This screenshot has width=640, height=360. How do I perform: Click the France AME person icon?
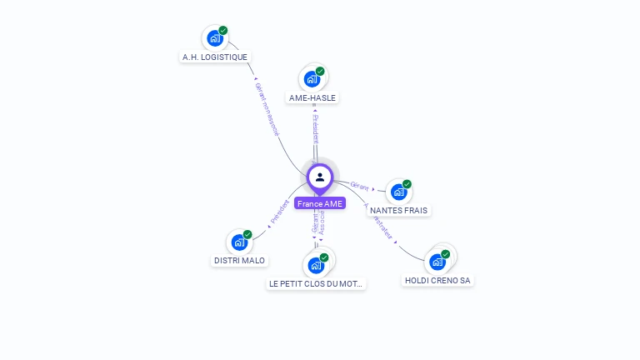[x=320, y=177]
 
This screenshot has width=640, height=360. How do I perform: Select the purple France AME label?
[x=320, y=203]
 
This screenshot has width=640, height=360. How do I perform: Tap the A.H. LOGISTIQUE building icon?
[x=215, y=38]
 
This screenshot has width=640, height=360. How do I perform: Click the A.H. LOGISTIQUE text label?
[x=215, y=57]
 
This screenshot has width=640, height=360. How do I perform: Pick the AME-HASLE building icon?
[x=312, y=79]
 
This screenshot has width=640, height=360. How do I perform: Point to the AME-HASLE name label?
[x=312, y=97]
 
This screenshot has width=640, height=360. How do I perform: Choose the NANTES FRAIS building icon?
[x=398, y=192]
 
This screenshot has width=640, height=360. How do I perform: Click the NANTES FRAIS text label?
[x=398, y=211]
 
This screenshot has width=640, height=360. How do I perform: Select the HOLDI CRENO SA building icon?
[x=437, y=262]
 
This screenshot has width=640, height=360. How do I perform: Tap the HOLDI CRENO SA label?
[x=437, y=281]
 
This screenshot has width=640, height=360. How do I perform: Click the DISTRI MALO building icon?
[x=239, y=242]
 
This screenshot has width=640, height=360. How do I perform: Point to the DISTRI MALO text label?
[x=239, y=261]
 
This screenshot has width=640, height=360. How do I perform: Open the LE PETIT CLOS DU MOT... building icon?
[x=316, y=265]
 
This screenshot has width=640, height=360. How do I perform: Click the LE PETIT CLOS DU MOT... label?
[x=316, y=284]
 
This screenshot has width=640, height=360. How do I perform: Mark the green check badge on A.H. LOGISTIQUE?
[x=223, y=31]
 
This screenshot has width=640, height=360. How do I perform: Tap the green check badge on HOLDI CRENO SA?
[x=446, y=254]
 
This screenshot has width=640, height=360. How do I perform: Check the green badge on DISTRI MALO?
[x=247, y=235]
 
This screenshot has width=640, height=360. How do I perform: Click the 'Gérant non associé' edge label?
[x=267, y=109]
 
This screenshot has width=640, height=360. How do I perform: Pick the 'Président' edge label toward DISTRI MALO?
[x=280, y=212]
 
